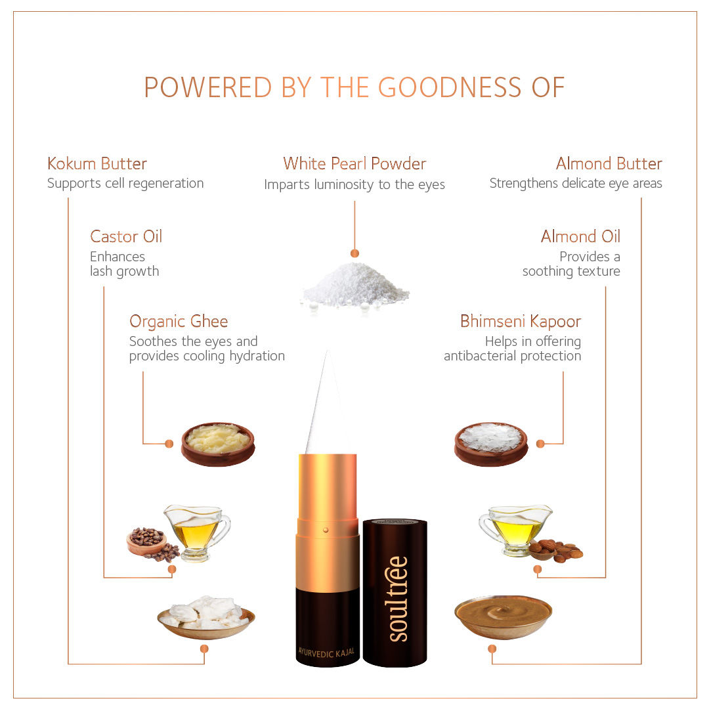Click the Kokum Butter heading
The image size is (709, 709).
[x=97, y=163]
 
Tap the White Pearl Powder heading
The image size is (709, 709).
[x=354, y=163]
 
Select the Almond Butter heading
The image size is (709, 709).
[x=609, y=163]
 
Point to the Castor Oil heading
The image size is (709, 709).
[x=125, y=236]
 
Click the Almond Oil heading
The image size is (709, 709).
[x=580, y=236]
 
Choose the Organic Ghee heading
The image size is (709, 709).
[x=179, y=322]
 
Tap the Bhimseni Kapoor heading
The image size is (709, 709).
[x=521, y=321]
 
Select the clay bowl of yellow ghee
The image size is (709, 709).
[x=218, y=444]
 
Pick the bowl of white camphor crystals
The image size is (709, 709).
[x=491, y=444]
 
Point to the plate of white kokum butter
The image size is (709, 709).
[x=206, y=617]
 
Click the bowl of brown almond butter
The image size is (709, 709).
[x=504, y=616]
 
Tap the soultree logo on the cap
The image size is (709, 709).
[x=397, y=599]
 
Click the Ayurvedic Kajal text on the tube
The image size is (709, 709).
[x=326, y=653]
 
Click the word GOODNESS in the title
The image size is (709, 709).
[x=450, y=87]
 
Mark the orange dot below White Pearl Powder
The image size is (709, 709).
[x=355, y=253]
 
